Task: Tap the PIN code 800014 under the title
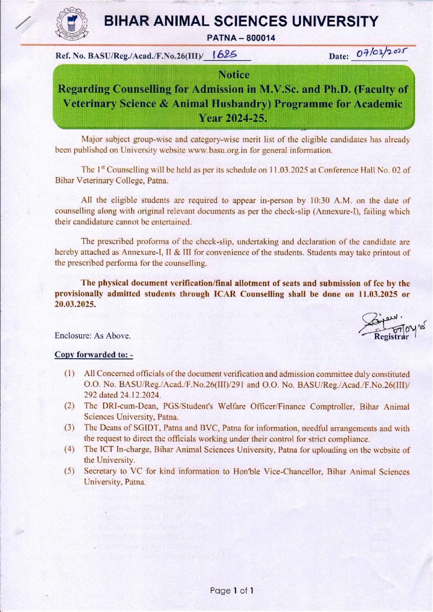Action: pos(260,38)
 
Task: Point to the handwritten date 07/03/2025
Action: pos(379,53)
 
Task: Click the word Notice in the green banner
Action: pos(234,75)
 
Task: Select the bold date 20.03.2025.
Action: pos(75,305)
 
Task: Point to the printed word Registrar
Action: pos(391,336)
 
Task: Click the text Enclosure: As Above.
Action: pos(93,336)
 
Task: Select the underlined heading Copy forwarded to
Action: pos(94,355)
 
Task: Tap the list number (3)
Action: pos(69,428)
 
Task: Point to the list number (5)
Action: pos(69,471)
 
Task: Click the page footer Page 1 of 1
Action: pos(232,591)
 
